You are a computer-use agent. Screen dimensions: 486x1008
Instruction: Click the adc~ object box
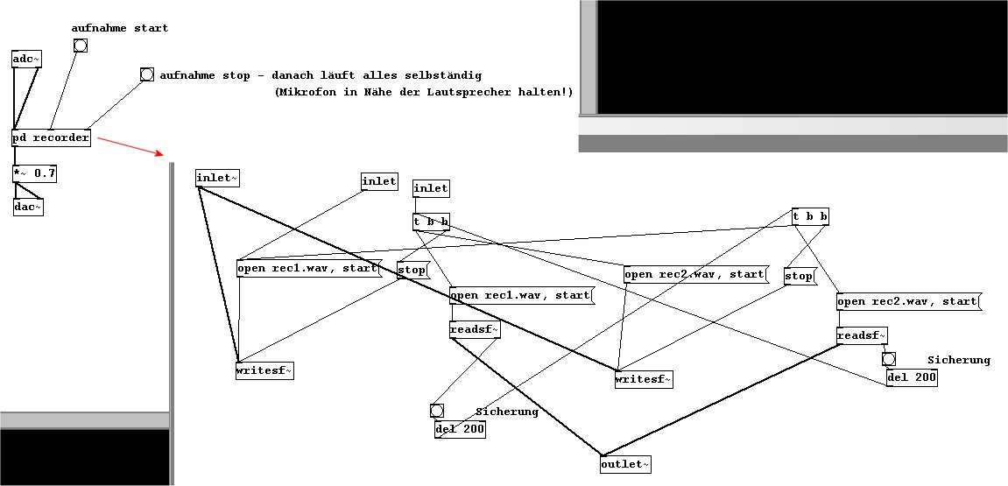click(27, 59)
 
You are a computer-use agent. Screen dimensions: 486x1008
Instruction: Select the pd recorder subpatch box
click(51, 138)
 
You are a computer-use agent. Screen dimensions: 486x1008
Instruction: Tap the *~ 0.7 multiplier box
click(35, 173)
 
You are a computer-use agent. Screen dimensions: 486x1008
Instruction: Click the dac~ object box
click(28, 207)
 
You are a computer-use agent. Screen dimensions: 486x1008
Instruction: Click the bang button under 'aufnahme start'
click(81, 46)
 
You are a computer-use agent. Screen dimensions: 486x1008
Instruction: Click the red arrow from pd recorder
click(130, 146)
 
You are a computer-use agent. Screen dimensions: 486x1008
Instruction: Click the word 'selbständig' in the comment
click(445, 76)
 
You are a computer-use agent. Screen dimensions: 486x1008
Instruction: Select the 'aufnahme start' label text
click(120, 28)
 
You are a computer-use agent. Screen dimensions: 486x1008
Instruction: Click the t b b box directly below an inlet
click(432, 222)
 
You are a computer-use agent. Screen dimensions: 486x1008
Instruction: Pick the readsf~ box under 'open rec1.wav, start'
click(475, 329)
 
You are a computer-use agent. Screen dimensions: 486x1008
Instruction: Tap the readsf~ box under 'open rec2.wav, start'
click(862, 335)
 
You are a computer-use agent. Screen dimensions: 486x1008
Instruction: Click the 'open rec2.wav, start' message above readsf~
click(907, 301)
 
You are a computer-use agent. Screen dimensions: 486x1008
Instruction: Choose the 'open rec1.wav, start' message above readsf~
click(520, 295)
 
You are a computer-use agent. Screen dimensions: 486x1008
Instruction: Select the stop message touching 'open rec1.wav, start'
click(412, 270)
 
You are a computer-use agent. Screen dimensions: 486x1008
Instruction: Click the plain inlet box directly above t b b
click(431, 187)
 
